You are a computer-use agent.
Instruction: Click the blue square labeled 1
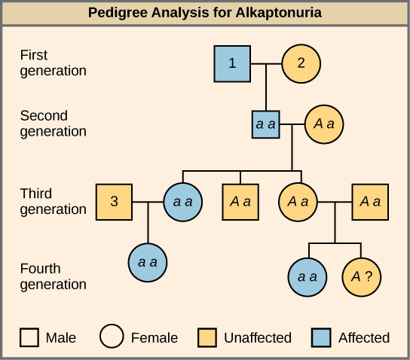tap(232, 63)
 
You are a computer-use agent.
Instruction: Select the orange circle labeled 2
tap(301, 63)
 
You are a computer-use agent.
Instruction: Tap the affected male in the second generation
tap(265, 124)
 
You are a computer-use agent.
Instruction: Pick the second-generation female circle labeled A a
tap(324, 124)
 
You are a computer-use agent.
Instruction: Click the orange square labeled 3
tap(115, 202)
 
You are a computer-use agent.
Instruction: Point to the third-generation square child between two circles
tap(240, 202)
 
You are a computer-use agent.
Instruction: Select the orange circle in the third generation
tap(298, 202)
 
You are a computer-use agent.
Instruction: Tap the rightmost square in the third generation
tap(370, 202)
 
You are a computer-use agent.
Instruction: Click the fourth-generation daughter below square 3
tap(148, 262)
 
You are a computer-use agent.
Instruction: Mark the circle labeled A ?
tap(362, 276)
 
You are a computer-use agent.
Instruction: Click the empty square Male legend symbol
tap(30, 337)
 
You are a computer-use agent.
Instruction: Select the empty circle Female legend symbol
tap(112, 337)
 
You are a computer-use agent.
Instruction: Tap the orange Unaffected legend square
tap(209, 337)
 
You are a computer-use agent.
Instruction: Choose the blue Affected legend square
tap(323, 337)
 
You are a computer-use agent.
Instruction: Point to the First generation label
tap(53, 63)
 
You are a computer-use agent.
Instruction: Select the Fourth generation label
tap(53, 276)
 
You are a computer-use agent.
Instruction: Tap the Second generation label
tap(53, 124)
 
